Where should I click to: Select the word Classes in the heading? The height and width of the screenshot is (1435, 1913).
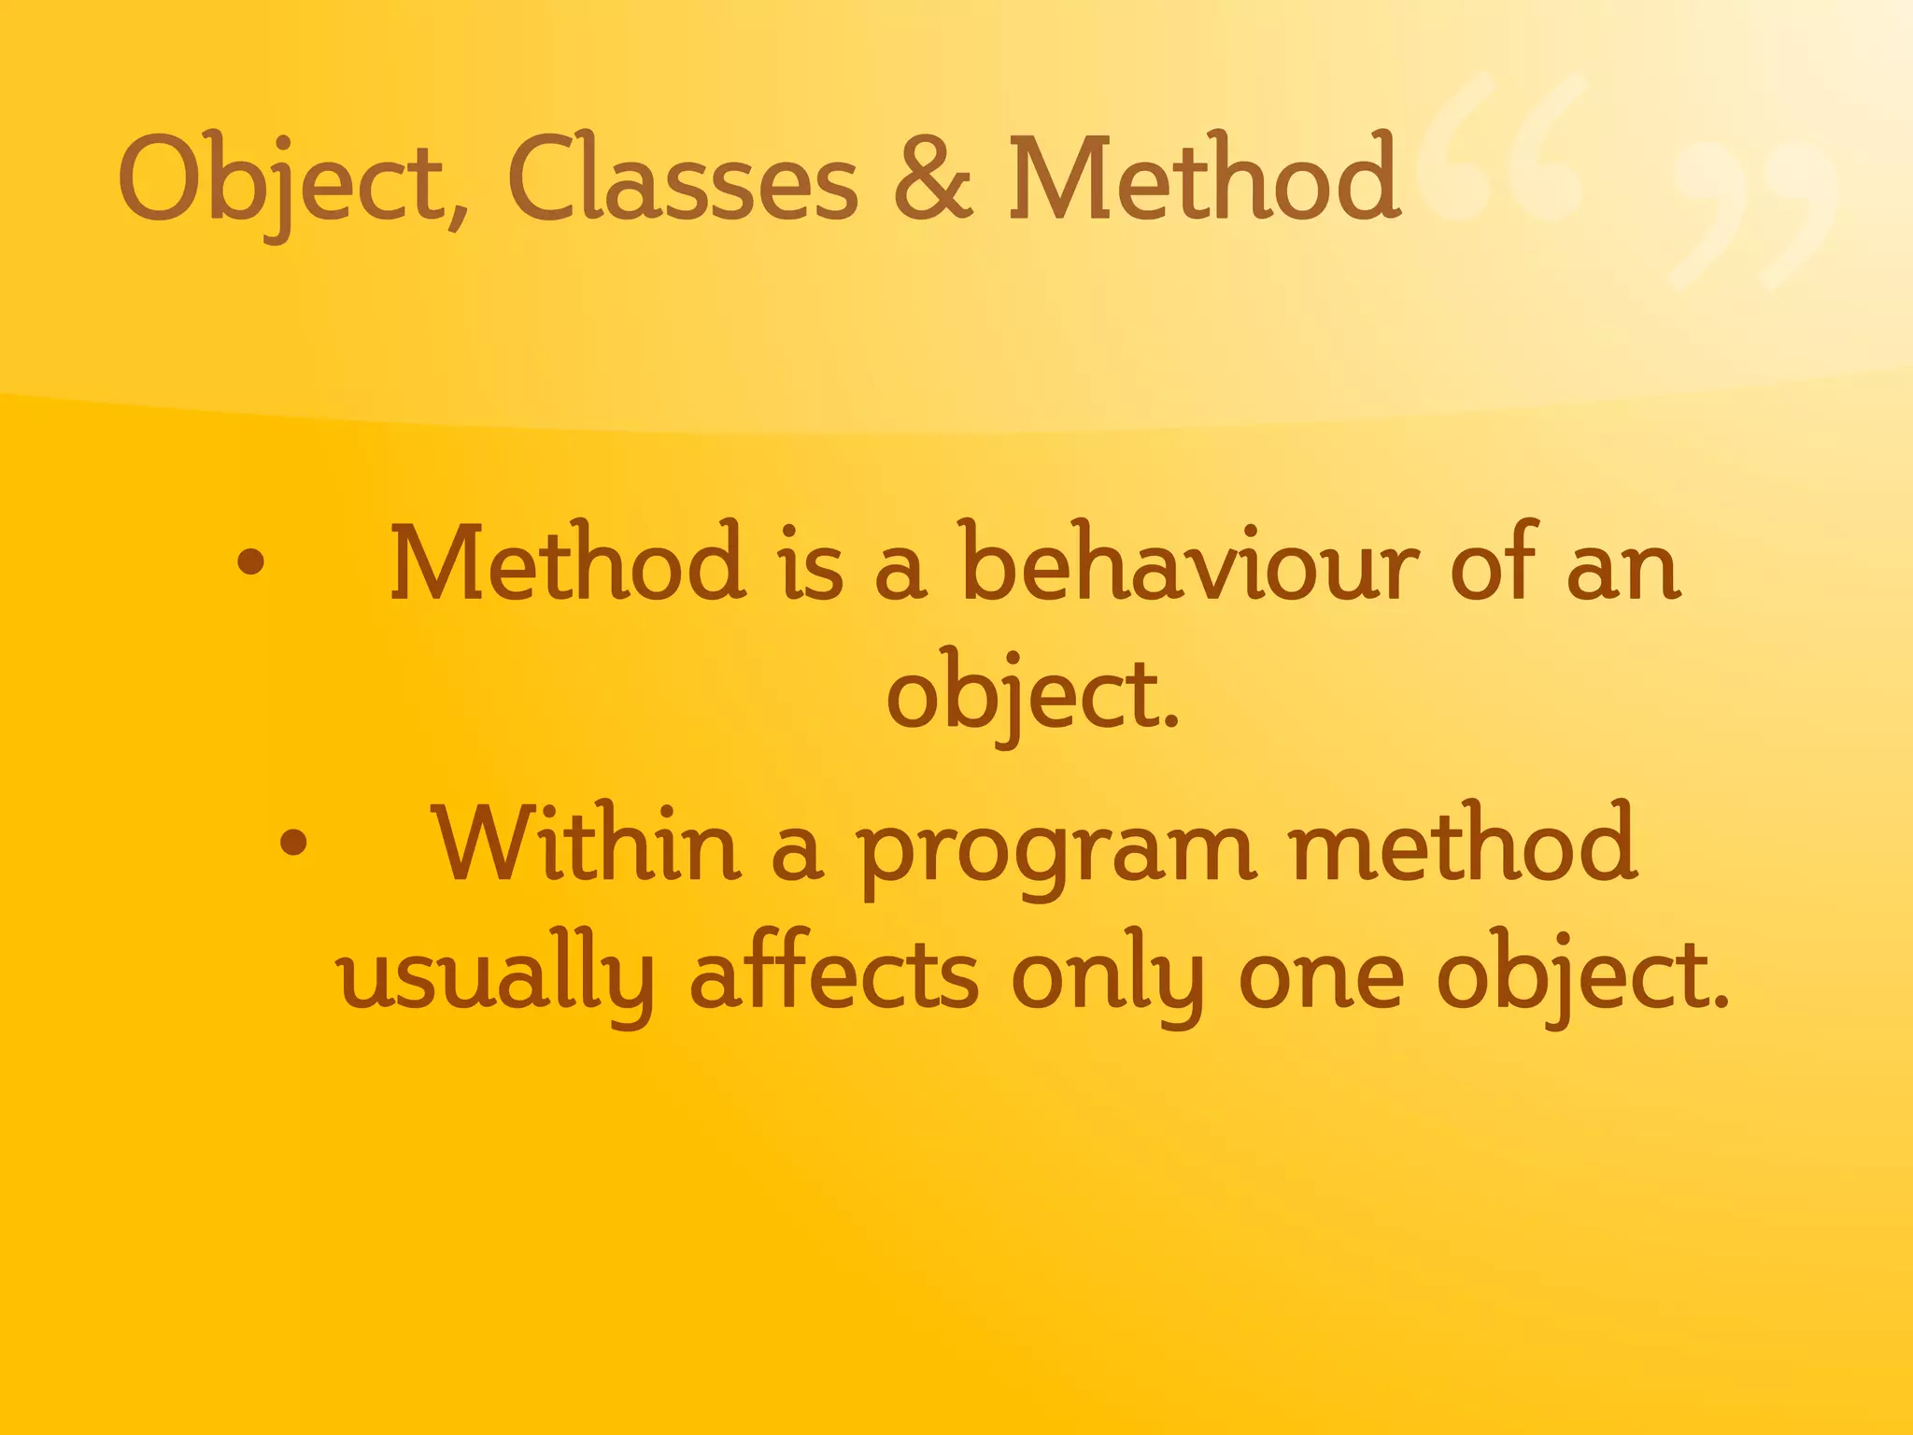(682, 179)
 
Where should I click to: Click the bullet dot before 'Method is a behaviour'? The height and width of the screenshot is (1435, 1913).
(250, 563)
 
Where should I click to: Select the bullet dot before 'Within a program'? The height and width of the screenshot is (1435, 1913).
(293, 844)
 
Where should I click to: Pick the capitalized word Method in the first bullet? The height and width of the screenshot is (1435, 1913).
(568, 563)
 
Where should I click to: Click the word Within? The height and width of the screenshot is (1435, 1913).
(586, 844)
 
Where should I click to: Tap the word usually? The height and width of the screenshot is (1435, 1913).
(496, 976)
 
